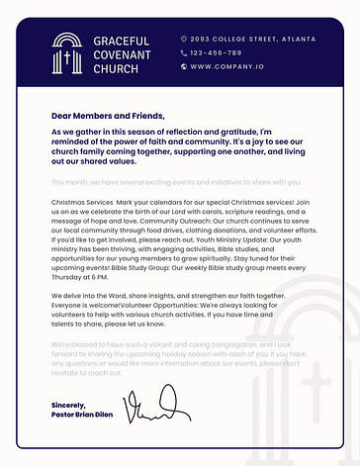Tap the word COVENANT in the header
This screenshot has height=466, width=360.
click(121, 54)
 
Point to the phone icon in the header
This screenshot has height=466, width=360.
click(184, 52)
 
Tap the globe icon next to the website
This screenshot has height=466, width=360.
click(184, 66)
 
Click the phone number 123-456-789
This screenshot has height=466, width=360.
click(216, 52)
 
